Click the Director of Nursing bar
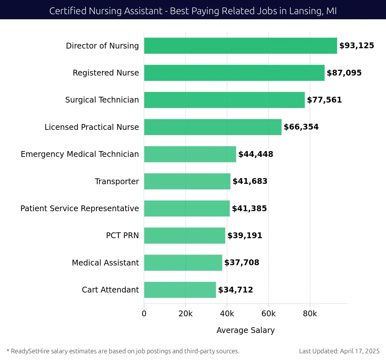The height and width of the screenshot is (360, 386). pos(240,46)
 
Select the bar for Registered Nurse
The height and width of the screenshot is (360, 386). pos(234,73)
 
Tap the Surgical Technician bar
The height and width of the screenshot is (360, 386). pos(224,100)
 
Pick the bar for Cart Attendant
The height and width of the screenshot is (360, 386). pos(180,290)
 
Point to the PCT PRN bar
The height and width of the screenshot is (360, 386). pos(184,236)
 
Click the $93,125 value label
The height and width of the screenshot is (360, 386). pos(357,46)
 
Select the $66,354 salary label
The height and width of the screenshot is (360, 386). pos(301,127)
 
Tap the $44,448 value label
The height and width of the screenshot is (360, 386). pos(256,154)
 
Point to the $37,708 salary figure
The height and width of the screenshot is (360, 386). pos(242,263)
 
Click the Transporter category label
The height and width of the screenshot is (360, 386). pos(117,181)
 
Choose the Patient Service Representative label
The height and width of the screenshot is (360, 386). pos(79,209)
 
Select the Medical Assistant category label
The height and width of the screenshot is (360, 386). pos(105,263)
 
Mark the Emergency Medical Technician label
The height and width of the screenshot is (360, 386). pos(80,154)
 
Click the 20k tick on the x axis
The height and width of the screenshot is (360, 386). pos(186,314)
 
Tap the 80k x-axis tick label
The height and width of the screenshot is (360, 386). pos(310,314)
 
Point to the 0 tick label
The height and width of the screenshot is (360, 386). pos(144,314)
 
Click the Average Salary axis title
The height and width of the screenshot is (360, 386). pos(245,330)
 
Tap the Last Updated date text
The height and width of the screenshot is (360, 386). pos(339,351)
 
